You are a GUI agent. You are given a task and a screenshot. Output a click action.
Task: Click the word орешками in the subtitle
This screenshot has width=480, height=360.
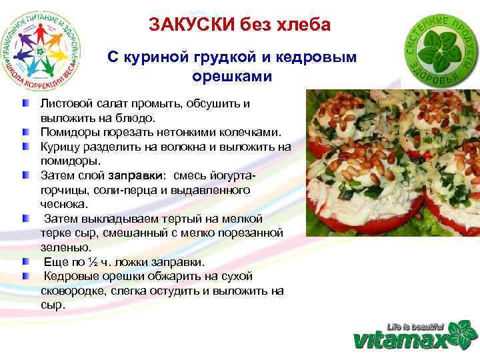click(233, 77)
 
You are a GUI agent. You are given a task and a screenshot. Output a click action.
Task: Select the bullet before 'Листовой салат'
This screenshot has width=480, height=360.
click(25, 105)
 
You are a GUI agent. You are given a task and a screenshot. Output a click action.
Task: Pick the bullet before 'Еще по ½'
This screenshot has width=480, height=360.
click(25, 261)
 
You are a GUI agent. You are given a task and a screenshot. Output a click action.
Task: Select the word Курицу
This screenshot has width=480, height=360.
click(60, 147)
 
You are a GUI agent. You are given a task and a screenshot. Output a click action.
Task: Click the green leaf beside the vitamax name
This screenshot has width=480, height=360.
click(461, 334)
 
